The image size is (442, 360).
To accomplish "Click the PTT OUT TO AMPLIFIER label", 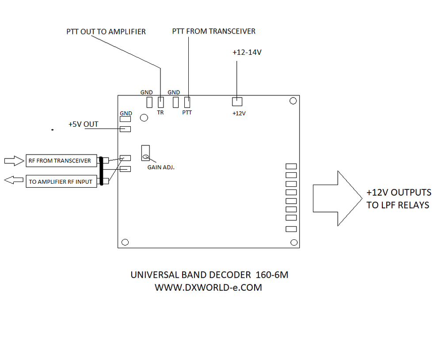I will [x=106, y=32].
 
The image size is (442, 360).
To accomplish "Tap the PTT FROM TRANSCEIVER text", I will [x=213, y=31].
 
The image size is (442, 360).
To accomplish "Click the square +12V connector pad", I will [x=237, y=102].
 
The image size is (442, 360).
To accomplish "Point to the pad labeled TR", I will [x=160, y=102].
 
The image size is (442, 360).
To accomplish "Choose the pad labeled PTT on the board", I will [x=187, y=102].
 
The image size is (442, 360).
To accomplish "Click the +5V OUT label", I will [x=83, y=125].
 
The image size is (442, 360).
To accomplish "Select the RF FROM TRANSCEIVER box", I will [x=61, y=161].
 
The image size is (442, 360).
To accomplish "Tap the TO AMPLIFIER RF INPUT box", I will [x=61, y=182].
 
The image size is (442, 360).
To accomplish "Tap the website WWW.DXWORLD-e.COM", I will [x=208, y=288].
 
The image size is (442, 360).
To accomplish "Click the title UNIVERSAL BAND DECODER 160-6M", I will [x=209, y=275].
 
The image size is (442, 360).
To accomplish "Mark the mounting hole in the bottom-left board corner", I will [x=125, y=242].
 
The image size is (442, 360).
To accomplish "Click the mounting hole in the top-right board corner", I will [x=293, y=101].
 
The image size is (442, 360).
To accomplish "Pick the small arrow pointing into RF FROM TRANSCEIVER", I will [x=14, y=161].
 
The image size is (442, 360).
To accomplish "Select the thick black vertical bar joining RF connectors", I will [x=101, y=171].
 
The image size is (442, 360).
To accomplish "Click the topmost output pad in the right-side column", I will [x=291, y=167].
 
